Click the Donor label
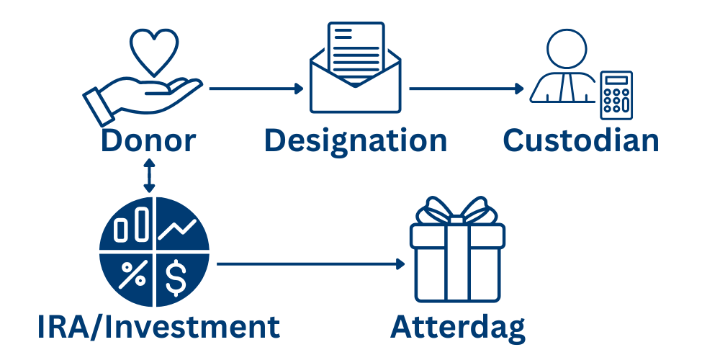(x=148, y=140)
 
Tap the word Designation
(x=356, y=140)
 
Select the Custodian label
(x=581, y=140)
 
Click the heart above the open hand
(x=153, y=50)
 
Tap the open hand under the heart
(x=140, y=97)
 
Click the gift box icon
(x=457, y=259)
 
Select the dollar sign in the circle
(x=178, y=278)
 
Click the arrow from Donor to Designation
(x=256, y=89)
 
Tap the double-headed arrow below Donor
(x=149, y=176)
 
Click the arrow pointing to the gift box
(x=310, y=264)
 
